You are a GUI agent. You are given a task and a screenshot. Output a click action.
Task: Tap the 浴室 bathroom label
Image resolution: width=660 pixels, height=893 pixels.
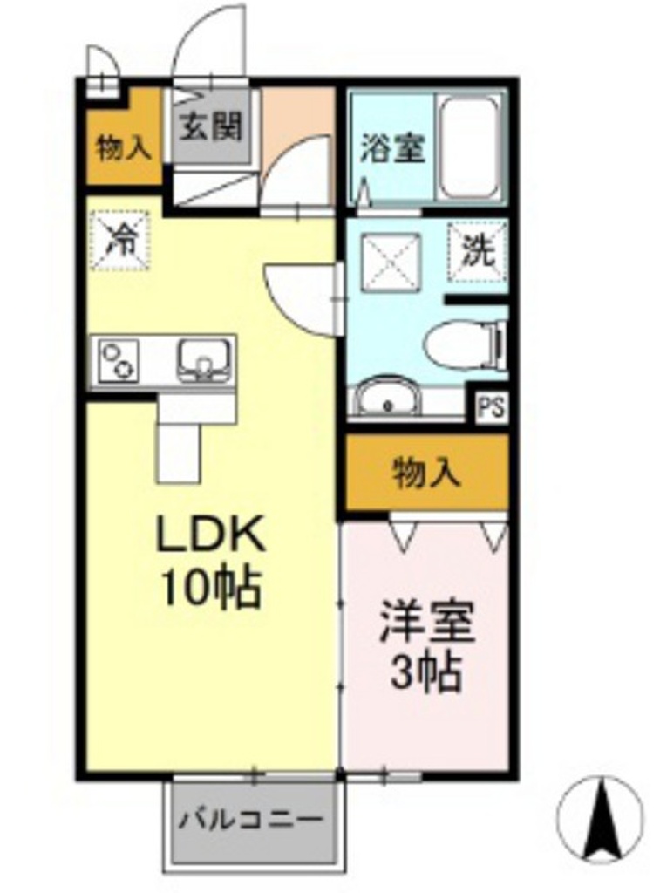point(393,147)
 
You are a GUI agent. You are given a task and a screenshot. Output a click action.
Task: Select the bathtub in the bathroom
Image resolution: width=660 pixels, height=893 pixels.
point(472,148)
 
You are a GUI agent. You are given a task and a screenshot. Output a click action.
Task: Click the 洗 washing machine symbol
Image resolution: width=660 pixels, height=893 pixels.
point(477,253)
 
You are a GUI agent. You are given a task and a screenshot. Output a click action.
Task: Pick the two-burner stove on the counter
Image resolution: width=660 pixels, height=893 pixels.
point(119,359)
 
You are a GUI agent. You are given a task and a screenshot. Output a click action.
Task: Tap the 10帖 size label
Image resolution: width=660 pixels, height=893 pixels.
point(209,590)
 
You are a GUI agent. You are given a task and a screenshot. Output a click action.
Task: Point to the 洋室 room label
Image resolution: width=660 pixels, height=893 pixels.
point(426,624)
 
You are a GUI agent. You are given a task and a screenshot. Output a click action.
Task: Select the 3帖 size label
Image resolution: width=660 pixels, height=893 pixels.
point(425,672)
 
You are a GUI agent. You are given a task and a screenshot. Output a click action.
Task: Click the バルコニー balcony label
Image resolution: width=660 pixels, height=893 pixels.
point(252,821)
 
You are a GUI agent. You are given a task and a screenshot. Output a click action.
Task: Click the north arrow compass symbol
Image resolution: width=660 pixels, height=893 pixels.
point(601,818)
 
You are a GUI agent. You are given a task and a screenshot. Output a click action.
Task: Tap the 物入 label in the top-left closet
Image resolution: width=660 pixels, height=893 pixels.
point(124,148)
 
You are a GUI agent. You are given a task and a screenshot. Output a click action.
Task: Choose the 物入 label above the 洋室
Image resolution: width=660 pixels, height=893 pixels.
point(425,474)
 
